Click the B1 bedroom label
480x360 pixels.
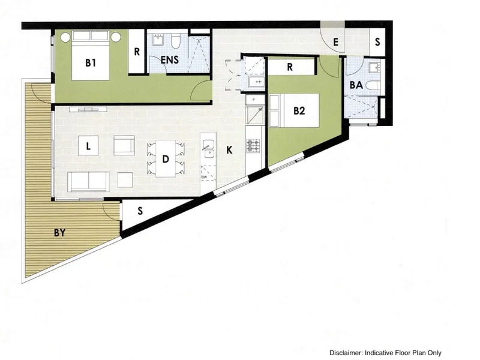[91, 63]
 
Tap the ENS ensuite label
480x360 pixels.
[170, 59]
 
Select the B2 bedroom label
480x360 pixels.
[299, 110]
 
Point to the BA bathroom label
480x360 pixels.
[356, 85]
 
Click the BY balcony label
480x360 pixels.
[59, 233]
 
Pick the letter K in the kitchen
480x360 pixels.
[229, 150]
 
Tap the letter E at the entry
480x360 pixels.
[335, 42]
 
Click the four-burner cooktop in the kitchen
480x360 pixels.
[253, 146]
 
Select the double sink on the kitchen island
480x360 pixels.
[208, 149]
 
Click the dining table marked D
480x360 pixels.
[166, 158]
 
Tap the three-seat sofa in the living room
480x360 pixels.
[88, 181]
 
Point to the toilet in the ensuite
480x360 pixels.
[175, 41]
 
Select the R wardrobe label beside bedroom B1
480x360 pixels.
[137, 52]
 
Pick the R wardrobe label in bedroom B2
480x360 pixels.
[290, 67]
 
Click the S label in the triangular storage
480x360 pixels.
[140, 211]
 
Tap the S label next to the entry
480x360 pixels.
[377, 42]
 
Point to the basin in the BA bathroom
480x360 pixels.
[374, 67]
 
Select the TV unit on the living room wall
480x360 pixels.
[88, 109]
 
